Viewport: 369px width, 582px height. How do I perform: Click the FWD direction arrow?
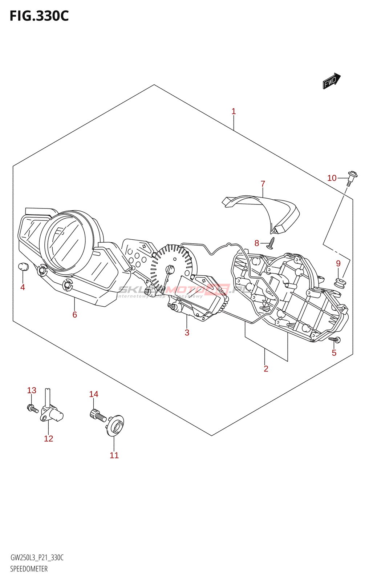tap(331, 81)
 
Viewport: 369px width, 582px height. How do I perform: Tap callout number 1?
tap(234, 111)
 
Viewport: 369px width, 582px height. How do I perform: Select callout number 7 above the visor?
tap(263, 184)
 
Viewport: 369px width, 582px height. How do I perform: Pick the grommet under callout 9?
tap(340, 282)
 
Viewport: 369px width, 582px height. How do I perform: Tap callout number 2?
tap(266, 369)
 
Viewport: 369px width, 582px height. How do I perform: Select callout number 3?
tap(187, 332)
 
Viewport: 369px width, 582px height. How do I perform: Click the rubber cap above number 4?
tap(23, 266)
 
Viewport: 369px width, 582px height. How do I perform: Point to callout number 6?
tap(74, 315)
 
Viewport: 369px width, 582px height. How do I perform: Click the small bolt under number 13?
tap(32, 408)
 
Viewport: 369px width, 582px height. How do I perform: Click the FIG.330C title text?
tap(39, 16)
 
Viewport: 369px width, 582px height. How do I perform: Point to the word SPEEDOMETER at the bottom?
tap(29, 569)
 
